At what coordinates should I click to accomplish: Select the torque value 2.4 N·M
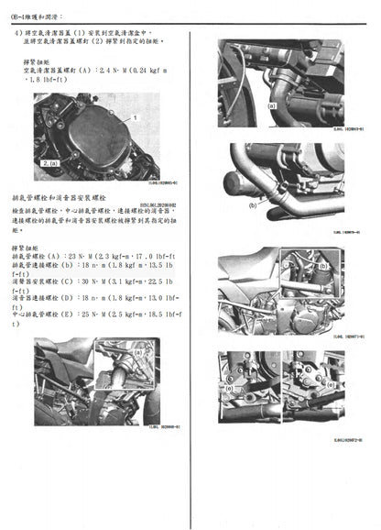coord(112,69)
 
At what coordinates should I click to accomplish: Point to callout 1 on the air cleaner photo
coord(134,119)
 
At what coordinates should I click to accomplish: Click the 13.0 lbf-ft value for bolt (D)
coord(158,298)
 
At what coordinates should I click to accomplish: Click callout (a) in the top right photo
coord(271,106)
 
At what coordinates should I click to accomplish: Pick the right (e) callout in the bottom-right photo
coord(303,388)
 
